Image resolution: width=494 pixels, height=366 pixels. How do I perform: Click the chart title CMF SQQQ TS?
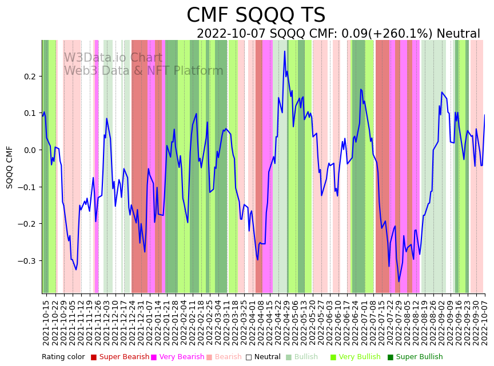pyautogui.click(x=256, y=15)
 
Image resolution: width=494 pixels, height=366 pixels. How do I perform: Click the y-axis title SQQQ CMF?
pyautogui.click(x=10, y=167)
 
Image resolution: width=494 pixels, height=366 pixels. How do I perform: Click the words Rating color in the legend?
pyautogui.click(x=63, y=357)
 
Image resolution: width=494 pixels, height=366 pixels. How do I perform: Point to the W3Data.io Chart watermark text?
pyautogui.click(x=113, y=58)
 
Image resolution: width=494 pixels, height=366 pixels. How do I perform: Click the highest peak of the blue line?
pyautogui.click(x=284, y=51)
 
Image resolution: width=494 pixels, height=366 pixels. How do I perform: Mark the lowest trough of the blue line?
pyautogui.click(x=399, y=281)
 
